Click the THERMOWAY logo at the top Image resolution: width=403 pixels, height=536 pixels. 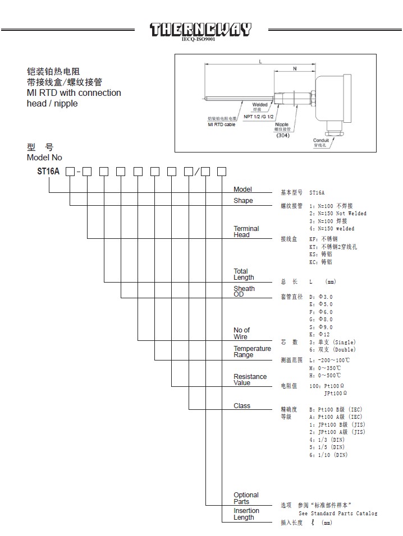[x=201, y=30]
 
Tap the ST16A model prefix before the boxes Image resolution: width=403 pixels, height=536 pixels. [x=48, y=172]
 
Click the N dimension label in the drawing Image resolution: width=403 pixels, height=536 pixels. [x=295, y=68]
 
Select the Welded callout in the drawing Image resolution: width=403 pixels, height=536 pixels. [x=260, y=105]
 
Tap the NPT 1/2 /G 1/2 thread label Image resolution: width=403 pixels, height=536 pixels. [x=258, y=117]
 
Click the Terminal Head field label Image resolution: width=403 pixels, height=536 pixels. [x=246, y=232]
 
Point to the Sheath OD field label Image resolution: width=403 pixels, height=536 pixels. [x=244, y=292]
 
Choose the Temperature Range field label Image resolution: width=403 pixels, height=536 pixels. [x=252, y=352]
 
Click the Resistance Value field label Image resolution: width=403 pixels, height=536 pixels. [x=250, y=380]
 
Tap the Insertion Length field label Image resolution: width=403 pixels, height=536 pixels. [x=246, y=514]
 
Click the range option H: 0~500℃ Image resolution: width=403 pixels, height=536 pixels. [x=325, y=376]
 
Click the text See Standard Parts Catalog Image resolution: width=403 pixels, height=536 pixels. [x=337, y=514]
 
